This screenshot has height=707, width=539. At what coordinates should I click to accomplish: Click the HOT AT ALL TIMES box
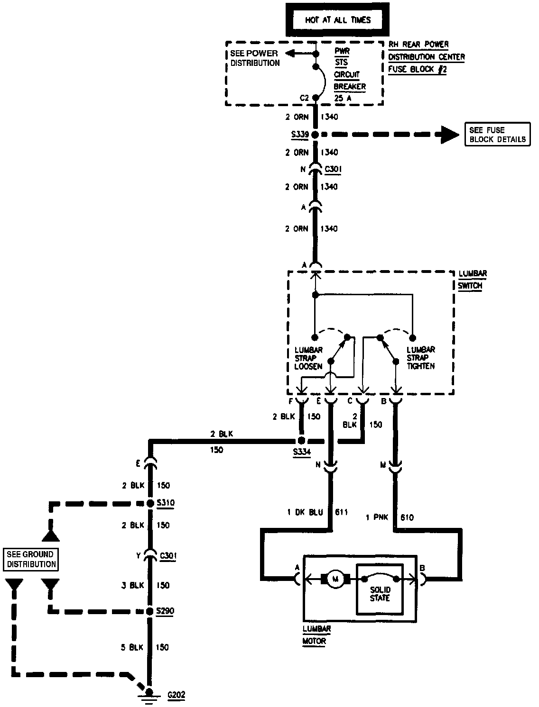point(337,20)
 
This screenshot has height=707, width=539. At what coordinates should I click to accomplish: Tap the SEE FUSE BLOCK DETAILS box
point(497,135)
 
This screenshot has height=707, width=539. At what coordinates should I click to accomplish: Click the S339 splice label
point(299,135)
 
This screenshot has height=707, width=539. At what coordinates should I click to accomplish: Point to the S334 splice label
point(302,452)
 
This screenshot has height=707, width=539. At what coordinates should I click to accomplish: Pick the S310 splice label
point(166,503)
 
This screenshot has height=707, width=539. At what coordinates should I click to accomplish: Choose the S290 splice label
point(166,611)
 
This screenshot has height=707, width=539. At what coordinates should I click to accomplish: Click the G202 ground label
point(177,695)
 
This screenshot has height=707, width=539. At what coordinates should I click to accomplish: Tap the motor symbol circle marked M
point(335,579)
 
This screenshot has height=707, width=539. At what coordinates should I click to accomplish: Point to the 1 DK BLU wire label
point(305,512)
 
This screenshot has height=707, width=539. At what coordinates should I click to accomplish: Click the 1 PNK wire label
point(377,517)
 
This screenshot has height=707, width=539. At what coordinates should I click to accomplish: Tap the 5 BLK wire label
point(131,647)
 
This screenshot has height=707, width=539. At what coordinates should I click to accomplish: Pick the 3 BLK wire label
point(132,585)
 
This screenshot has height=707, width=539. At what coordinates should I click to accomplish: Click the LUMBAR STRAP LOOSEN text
point(308,358)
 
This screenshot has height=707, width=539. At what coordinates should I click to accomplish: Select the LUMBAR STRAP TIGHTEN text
point(420,358)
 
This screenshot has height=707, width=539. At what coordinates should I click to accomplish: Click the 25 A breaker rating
point(343,99)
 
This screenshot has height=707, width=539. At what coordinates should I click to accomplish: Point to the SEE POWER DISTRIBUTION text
point(254,58)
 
